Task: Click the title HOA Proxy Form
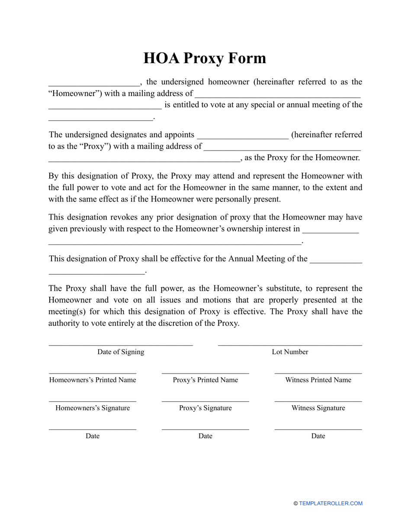tap(205, 58)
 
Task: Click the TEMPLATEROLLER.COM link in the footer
tap(331, 503)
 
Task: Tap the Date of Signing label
tap(121, 352)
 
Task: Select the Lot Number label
tap(290, 352)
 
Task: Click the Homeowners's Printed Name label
tap(93, 380)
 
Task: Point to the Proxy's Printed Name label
tap(205, 380)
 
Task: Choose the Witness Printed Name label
tap(318, 380)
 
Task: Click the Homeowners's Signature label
tap(93, 408)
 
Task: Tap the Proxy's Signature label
tap(205, 408)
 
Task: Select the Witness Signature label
tap(318, 408)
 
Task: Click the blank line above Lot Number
tap(290, 345)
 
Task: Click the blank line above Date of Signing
tap(121, 345)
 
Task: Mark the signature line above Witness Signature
tap(318, 401)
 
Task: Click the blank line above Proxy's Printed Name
tap(205, 372)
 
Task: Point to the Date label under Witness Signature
tap(318, 436)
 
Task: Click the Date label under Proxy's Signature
tap(205, 436)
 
